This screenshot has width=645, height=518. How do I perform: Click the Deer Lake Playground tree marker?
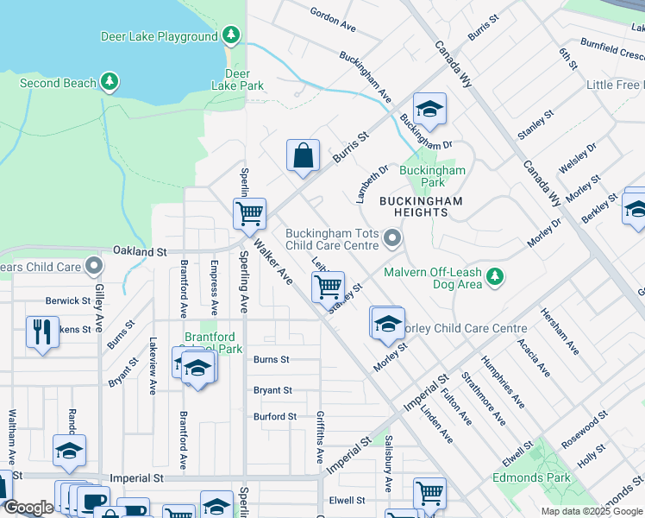(x=230, y=35)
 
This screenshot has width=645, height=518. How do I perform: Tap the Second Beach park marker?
(x=109, y=82)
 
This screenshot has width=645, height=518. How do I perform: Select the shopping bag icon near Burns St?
(x=303, y=157)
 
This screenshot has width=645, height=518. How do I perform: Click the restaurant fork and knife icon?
(x=42, y=331)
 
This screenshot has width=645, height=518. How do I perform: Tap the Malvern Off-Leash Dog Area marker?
(x=494, y=276)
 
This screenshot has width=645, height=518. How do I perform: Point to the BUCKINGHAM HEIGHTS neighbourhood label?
(x=422, y=207)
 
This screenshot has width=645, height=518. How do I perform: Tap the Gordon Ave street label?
(x=333, y=22)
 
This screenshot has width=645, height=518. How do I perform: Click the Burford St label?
(x=274, y=416)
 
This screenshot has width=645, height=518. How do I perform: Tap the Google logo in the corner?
(x=28, y=508)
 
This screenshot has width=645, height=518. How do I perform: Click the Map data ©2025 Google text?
(x=591, y=511)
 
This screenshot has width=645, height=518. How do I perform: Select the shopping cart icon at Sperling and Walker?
(x=249, y=212)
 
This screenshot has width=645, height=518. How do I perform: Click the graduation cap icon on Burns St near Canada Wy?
(x=429, y=110)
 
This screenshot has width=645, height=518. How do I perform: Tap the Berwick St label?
(x=68, y=300)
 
